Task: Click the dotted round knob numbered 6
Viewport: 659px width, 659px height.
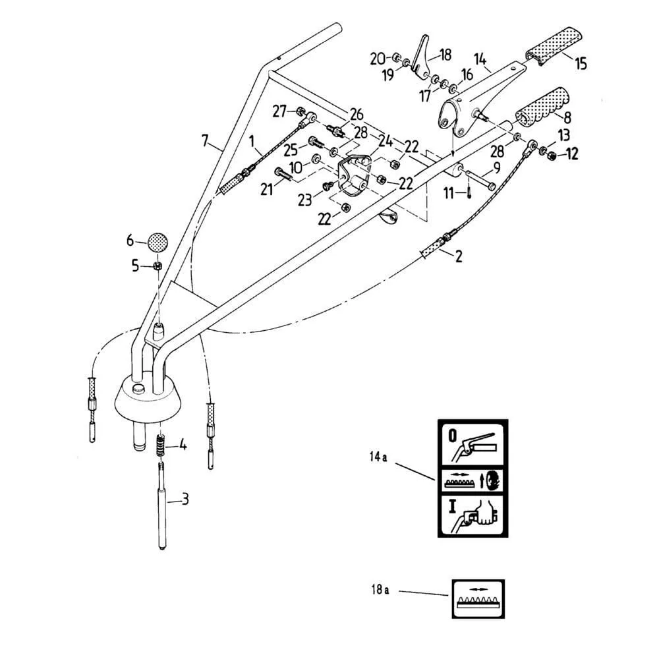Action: coord(158,243)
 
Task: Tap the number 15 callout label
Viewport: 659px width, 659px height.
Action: coord(581,64)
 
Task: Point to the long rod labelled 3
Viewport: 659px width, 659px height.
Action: coord(163,505)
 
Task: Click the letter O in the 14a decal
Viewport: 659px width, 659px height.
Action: coord(452,436)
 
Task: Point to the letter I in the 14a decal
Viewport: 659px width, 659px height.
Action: coord(452,506)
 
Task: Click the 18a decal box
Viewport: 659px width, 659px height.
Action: coord(478,599)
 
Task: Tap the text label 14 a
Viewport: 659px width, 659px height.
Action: coord(378,457)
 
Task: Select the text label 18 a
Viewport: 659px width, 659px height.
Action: coord(380,590)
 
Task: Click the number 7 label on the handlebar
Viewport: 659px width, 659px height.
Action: coord(205,140)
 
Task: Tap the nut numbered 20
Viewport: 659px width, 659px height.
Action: coord(396,56)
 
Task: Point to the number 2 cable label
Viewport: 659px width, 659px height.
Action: coord(459,256)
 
